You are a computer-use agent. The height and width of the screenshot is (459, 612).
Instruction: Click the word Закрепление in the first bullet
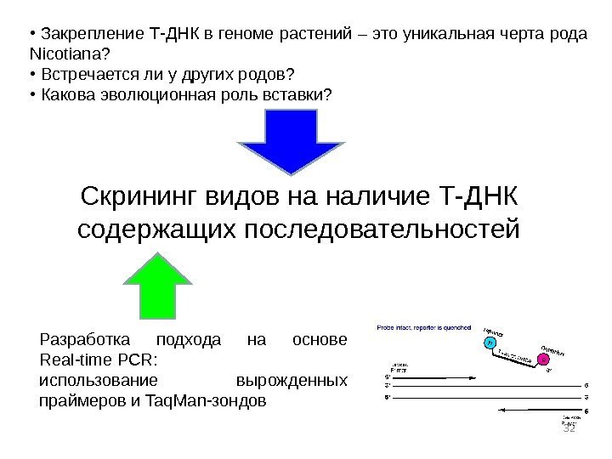click(x=92, y=35)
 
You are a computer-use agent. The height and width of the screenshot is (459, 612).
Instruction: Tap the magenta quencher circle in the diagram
click(x=545, y=359)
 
